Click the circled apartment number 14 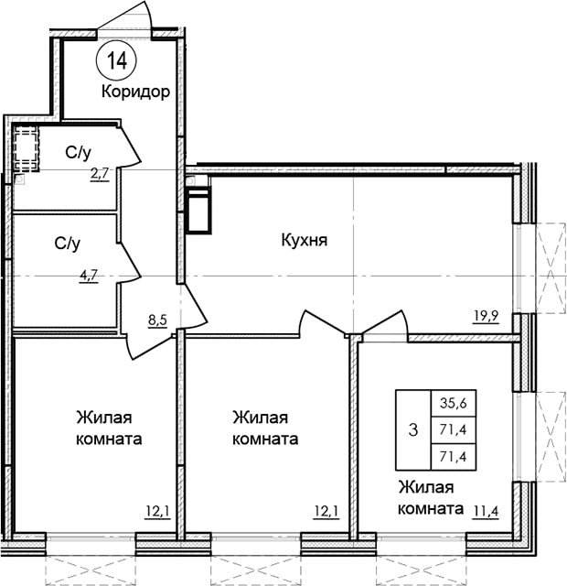tap(117, 60)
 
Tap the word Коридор tap(136, 92)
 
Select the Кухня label tap(305, 240)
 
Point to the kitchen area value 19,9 tap(487, 316)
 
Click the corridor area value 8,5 tap(158, 320)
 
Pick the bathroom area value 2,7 tap(100, 174)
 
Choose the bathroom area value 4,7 tap(89, 277)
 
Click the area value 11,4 tap(487, 510)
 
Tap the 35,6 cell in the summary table tap(454, 403)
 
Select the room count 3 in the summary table tap(413, 429)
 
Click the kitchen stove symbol tap(199, 212)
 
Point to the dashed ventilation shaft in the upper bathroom tap(26, 149)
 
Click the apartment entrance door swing tap(126, 16)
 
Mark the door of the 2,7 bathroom tap(129, 146)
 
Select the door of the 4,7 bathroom tap(129, 261)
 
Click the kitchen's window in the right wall tap(517, 268)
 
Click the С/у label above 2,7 tap(78, 152)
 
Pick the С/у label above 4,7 tap(67, 244)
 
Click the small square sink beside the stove tap(190, 181)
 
